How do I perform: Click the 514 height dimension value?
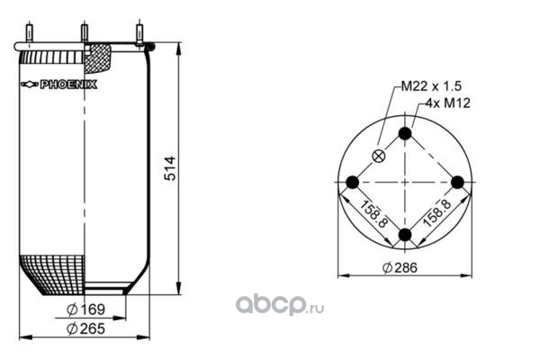[170, 168]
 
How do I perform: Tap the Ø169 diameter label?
[85, 310]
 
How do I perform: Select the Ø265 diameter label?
[85, 328]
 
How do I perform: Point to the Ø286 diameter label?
[400, 267]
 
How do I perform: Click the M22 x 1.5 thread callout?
[431, 86]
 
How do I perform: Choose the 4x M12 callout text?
[448, 103]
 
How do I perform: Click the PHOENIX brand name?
[68, 85]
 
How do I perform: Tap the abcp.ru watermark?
[280, 304]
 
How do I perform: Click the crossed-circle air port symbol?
[379, 157]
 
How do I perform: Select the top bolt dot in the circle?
[405, 133]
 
